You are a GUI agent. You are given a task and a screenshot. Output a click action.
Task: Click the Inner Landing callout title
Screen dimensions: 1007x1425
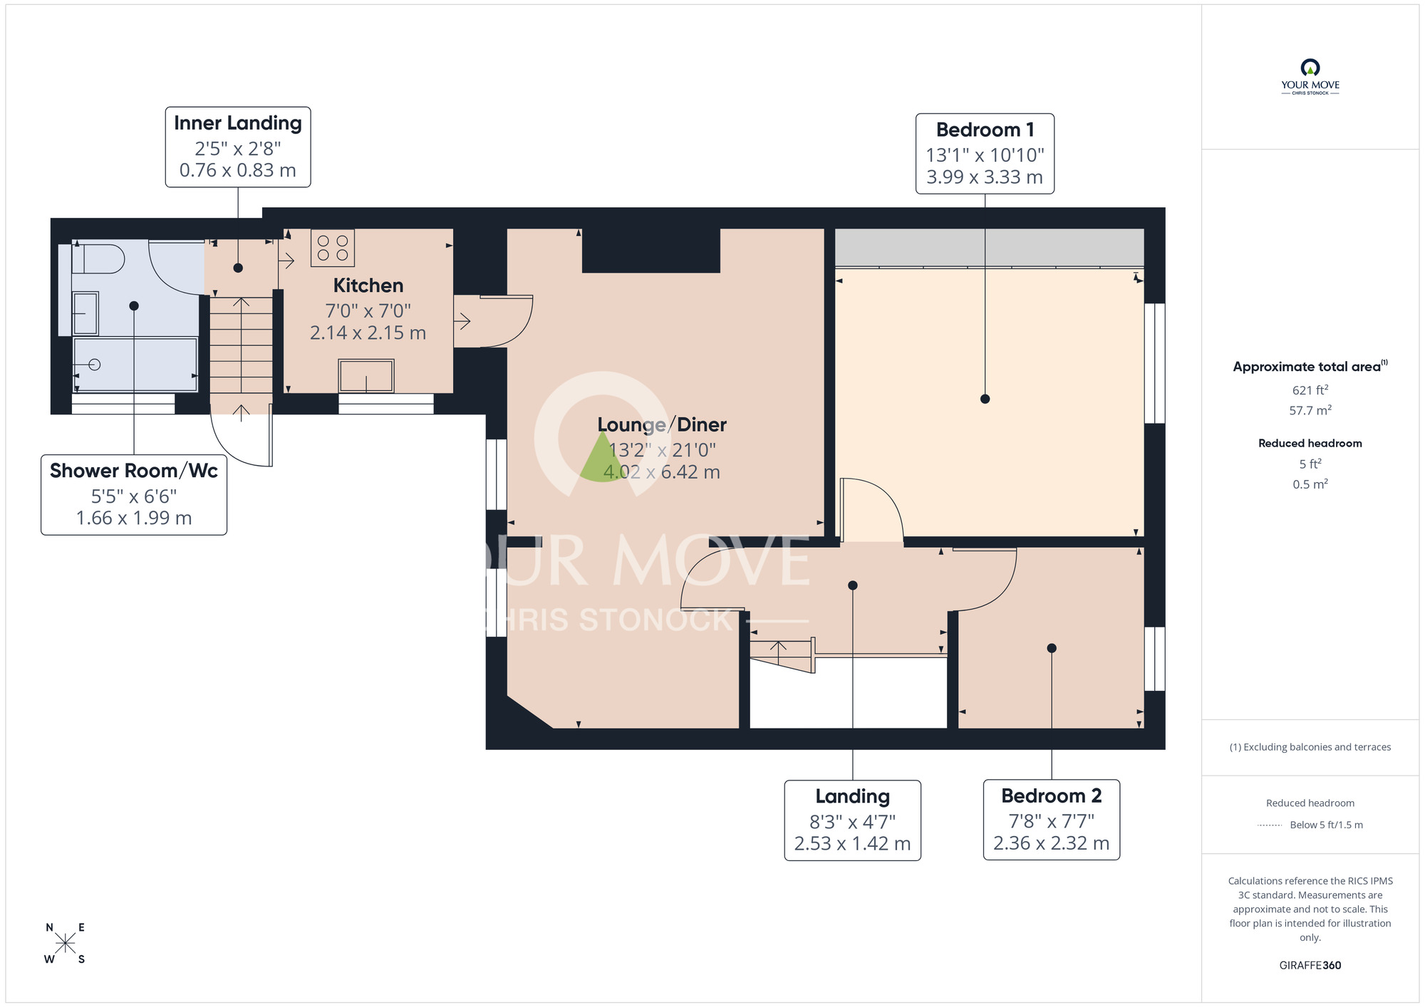click(x=237, y=123)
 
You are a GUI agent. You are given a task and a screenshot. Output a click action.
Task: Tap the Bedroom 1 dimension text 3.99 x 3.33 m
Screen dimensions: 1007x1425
click(x=984, y=177)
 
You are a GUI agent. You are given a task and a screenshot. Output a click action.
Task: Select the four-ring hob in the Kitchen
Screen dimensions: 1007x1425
click(x=333, y=248)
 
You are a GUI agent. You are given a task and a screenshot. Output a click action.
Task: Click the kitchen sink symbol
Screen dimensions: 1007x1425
click(x=366, y=375)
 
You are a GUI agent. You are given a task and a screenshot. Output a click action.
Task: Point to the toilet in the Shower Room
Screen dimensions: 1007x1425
click(x=99, y=259)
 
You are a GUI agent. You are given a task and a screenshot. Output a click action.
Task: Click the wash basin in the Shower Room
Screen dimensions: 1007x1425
click(x=85, y=313)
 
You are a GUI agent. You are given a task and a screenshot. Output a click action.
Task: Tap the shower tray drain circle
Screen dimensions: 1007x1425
click(x=95, y=365)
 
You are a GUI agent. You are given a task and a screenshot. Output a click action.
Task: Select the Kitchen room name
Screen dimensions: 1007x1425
click(x=368, y=286)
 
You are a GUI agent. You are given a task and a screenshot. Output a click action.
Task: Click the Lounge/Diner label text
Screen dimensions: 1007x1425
click(x=661, y=424)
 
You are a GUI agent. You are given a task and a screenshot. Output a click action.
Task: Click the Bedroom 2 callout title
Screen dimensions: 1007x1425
click(x=1051, y=795)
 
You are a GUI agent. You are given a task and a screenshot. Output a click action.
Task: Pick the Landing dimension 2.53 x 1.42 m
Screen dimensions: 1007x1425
click(x=852, y=843)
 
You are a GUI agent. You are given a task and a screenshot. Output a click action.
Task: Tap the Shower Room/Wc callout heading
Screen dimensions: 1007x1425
click(x=134, y=471)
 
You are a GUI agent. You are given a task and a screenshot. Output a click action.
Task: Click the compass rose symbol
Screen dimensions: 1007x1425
click(x=65, y=944)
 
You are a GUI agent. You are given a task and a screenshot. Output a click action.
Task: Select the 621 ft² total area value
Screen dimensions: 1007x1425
click(x=1310, y=390)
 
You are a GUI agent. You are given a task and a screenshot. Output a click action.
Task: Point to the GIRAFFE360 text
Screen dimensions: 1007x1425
click(x=1310, y=965)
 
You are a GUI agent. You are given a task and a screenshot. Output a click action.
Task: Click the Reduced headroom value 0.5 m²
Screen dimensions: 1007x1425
click(x=1310, y=484)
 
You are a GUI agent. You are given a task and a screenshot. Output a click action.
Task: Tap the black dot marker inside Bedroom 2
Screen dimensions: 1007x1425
click(x=1051, y=648)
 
